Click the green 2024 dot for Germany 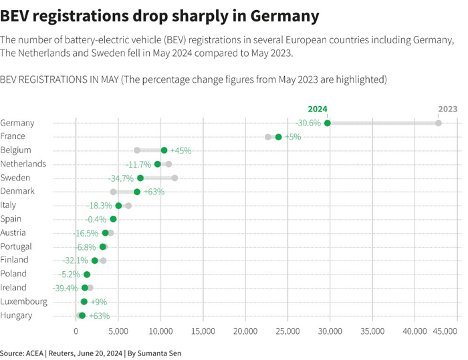click(327, 123)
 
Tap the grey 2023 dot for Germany click(438, 123)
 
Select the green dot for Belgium click(164, 150)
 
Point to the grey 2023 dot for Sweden click(174, 178)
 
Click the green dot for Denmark click(137, 192)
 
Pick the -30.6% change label click(308, 123)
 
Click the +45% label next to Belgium click(181, 150)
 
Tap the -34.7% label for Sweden click(121, 178)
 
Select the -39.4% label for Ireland click(66, 288)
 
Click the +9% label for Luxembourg click(98, 302)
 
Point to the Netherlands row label click(23, 164)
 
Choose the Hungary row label click(17, 315)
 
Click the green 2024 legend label click(318, 109)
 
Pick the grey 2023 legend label click(447, 109)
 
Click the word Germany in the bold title click(277, 15)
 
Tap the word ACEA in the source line click(38, 352)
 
